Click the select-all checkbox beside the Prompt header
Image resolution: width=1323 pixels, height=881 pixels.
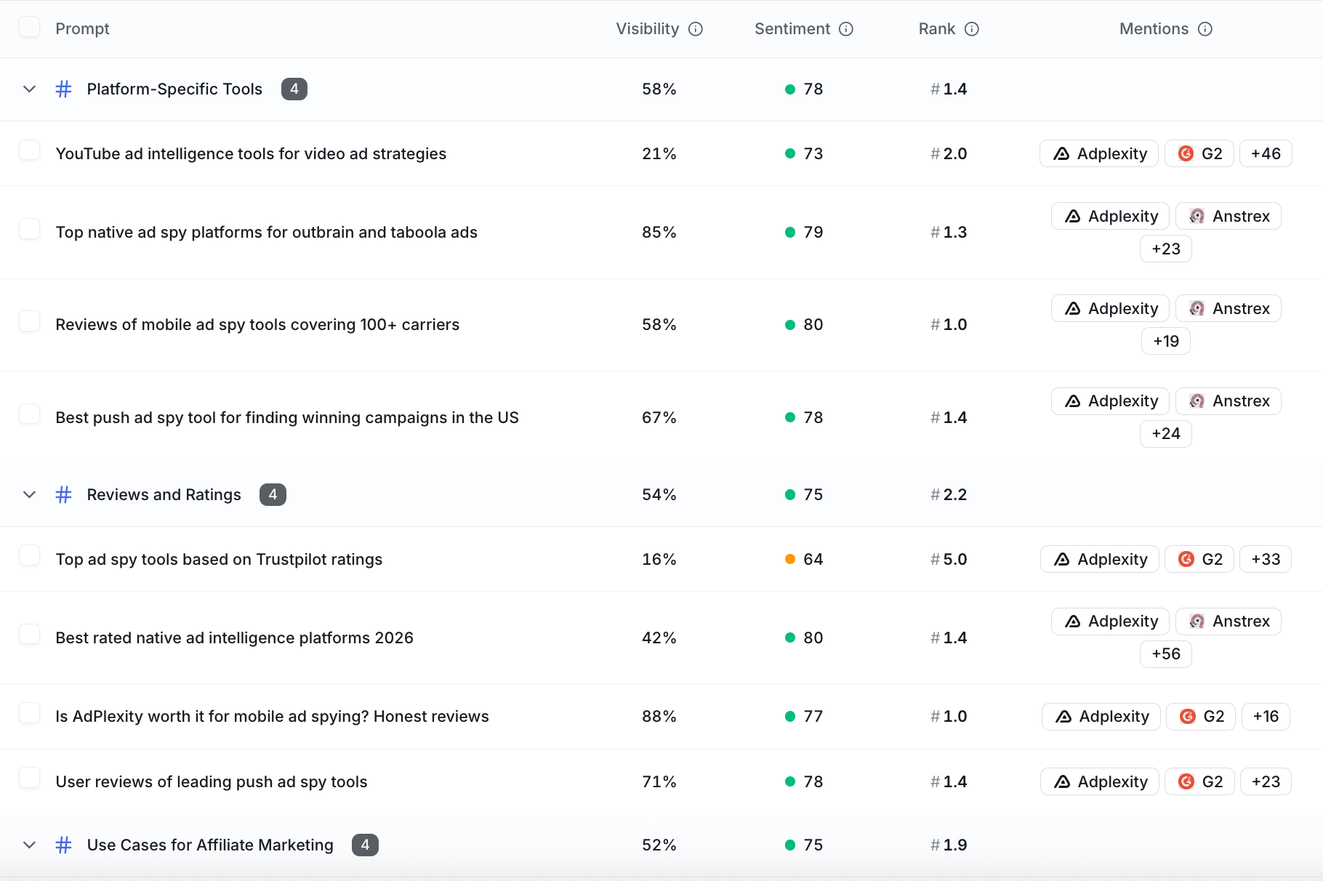29,28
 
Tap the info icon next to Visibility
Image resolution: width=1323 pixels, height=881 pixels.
696,29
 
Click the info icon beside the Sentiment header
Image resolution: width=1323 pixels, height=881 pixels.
846,29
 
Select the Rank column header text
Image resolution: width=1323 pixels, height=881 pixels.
937,29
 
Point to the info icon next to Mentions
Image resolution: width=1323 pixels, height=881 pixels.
1205,29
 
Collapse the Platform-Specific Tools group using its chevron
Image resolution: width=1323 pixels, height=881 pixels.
29,89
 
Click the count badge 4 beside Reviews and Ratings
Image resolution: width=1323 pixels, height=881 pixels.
273,494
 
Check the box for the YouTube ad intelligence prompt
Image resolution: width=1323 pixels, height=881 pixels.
29,150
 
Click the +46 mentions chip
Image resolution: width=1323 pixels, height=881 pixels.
1266,153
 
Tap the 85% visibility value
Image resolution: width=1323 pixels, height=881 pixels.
659,232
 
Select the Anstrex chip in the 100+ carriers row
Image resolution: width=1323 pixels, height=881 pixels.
1228,308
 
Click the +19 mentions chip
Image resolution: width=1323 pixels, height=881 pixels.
1166,341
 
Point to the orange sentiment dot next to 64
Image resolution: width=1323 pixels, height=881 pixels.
790,559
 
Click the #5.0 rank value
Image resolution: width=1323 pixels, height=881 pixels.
949,559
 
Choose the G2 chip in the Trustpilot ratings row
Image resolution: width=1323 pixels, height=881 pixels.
1199,559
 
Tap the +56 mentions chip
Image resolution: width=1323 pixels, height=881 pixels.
1166,653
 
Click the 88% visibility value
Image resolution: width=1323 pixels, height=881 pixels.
659,716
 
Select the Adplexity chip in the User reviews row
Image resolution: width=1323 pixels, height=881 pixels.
1100,781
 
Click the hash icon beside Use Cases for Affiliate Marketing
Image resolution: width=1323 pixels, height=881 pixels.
64,845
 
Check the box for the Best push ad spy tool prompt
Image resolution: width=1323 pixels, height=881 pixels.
29,414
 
